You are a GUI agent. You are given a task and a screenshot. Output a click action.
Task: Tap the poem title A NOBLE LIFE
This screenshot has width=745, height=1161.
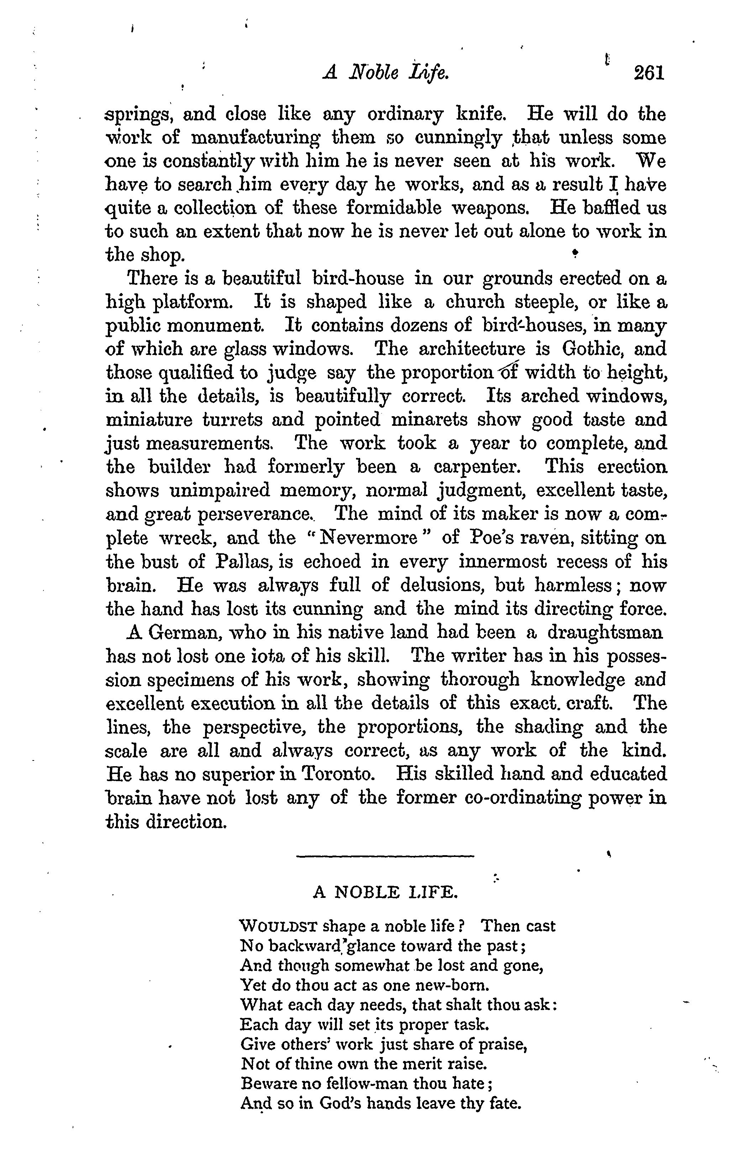(x=385, y=891)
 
